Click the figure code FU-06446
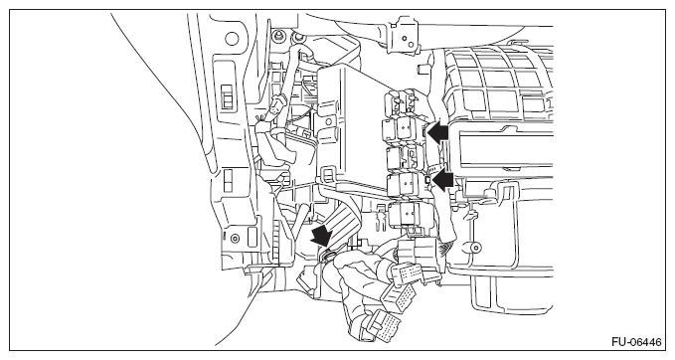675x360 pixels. coord(636,342)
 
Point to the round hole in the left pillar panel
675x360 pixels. coord(232,38)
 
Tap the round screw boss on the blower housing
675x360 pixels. coord(475,248)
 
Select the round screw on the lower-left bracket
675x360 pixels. coord(235,238)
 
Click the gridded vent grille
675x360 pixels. coord(499,82)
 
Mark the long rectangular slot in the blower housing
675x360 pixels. coord(505,149)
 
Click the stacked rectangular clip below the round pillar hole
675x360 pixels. coord(227,97)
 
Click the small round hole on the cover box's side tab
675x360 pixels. coord(328,122)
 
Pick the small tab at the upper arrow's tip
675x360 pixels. coord(424,132)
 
